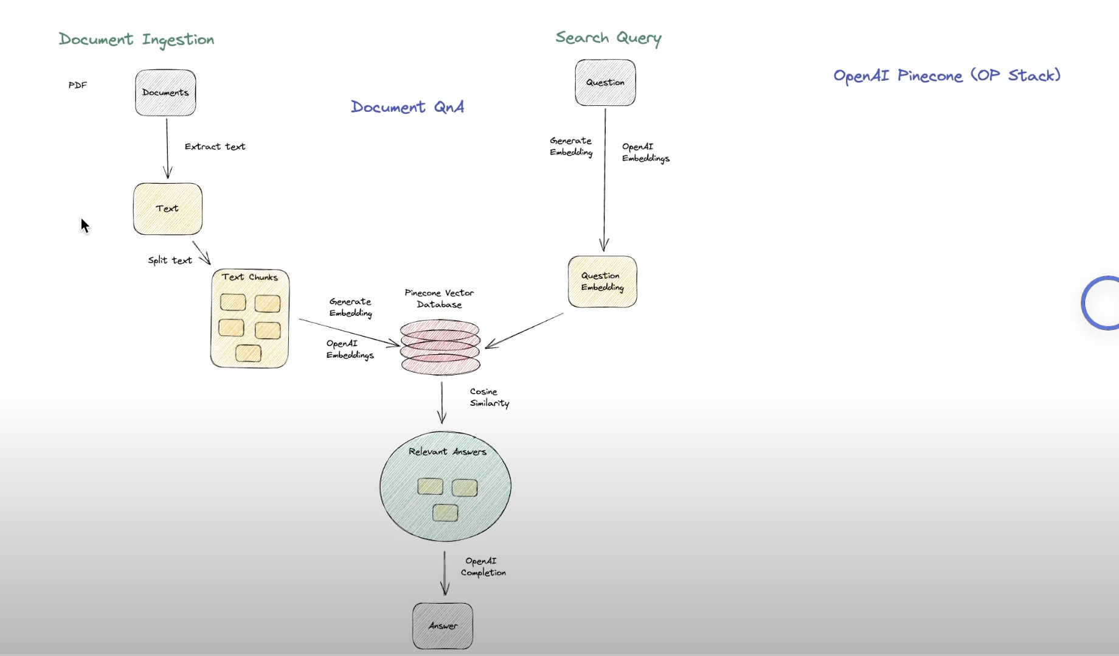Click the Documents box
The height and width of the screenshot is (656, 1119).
tap(165, 92)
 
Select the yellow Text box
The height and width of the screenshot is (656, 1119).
tap(167, 209)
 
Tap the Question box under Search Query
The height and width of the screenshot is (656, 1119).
tap(605, 83)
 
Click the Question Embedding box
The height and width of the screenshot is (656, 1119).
tap(602, 282)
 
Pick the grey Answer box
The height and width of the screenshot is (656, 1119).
tap(443, 626)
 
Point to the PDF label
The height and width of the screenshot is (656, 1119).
tap(78, 85)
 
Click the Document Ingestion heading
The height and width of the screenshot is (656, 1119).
tap(136, 40)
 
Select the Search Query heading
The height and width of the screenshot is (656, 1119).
tap(608, 38)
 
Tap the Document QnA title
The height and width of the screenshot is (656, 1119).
tap(407, 107)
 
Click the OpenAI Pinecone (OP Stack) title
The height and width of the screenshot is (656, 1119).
tap(946, 75)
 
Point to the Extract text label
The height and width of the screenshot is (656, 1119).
tap(215, 147)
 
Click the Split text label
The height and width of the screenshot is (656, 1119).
tap(170, 260)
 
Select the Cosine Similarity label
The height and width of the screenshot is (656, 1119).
tap(489, 397)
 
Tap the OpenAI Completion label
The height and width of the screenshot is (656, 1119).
tap(483, 567)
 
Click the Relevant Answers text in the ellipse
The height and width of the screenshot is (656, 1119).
tap(447, 452)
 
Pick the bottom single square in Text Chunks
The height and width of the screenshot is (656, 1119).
tap(248, 353)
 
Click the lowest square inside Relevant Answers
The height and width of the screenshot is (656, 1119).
tap(445, 513)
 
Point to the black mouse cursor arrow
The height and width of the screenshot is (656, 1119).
tap(85, 225)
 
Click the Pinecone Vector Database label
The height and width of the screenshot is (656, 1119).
tap(439, 299)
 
